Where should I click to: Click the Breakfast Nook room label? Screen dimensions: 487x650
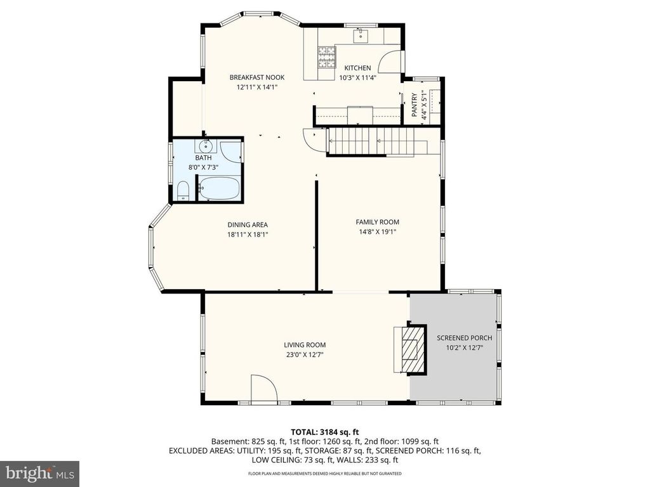pos(256,78)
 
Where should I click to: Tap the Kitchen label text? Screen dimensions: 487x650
pos(357,68)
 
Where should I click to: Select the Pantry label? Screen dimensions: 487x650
pos(415,105)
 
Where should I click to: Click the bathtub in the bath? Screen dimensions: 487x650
pos(219,188)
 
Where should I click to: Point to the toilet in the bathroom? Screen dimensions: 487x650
pos(182,191)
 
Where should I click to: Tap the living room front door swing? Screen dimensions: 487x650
pos(262,389)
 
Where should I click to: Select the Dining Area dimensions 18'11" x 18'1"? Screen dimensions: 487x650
pos(248,235)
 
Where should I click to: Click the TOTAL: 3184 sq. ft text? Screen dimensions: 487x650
pos(325,431)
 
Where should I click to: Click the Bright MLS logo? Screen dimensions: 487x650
pos(39,472)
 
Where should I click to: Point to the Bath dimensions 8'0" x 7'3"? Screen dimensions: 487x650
pos(203,167)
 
